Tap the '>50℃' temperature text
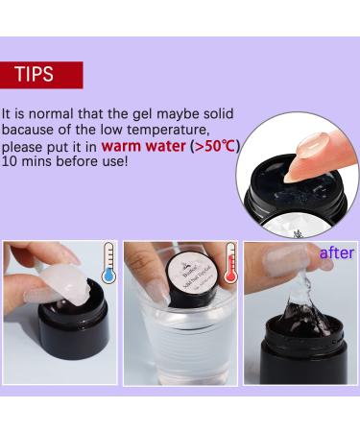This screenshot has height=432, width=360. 214,148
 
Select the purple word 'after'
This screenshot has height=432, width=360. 336,252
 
